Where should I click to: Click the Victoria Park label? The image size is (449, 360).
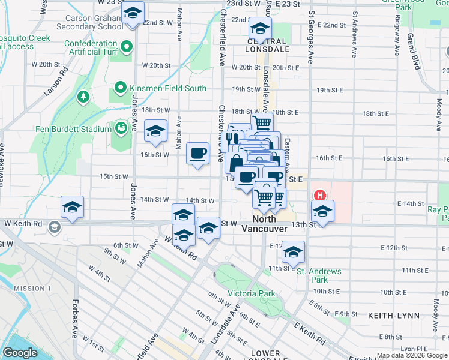[251, 293]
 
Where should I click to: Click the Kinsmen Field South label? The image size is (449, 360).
[169, 88]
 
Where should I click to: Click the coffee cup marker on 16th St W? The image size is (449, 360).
[197, 154]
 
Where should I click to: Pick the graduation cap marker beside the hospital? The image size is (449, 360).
[322, 211]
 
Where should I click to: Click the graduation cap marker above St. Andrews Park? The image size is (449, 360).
[294, 251]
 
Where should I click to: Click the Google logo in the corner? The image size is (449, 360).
[20, 353]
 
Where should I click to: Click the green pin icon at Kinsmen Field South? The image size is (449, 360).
[121, 88]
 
